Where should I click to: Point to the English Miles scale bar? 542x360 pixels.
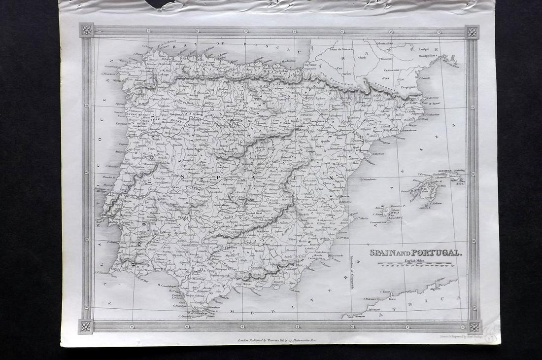[x=416, y=265]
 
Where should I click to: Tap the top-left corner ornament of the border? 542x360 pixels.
[x=87, y=30]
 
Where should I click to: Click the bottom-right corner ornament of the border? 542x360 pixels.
[x=474, y=326]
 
